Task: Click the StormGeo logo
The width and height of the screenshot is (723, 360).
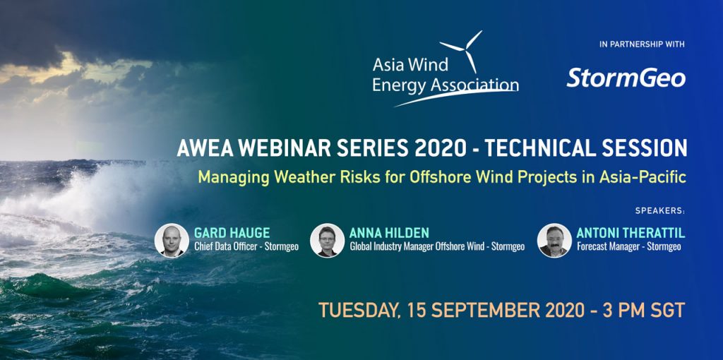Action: coord(626,78)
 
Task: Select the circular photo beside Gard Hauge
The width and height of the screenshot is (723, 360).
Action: coord(172,240)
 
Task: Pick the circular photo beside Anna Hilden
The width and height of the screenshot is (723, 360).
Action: coord(328,240)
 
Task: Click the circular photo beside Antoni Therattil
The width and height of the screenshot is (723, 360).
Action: coord(554,240)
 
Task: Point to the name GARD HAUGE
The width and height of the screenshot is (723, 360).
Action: coord(225,233)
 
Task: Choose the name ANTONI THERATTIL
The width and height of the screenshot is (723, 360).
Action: coord(631,233)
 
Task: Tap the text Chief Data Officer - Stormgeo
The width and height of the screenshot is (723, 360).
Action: coord(246,246)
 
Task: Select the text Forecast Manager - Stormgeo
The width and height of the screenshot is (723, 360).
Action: coord(629,246)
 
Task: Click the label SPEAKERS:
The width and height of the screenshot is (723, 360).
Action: coord(660,210)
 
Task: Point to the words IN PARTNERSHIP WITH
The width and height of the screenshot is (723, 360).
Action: coord(642,44)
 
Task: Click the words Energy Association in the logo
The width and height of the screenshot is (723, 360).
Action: coord(446,85)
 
